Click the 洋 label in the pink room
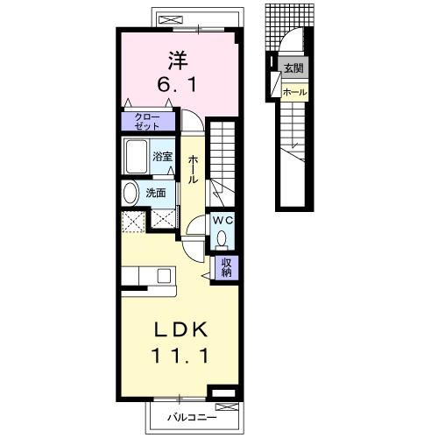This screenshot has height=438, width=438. [x=178, y=60]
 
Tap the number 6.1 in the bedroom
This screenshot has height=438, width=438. [x=178, y=85]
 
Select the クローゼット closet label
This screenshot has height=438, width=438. [x=147, y=122]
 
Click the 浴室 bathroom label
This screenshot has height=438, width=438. [x=162, y=157]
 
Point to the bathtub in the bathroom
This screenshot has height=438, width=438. [x=136, y=156]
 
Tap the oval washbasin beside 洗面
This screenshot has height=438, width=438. [x=131, y=193]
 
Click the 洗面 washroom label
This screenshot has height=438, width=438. [x=156, y=193]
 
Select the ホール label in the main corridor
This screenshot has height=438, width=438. [x=193, y=170]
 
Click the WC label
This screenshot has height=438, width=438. [x=223, y=221]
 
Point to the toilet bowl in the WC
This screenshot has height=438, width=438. [x=222, y=238]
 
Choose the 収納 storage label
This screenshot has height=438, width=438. [x=227, y=267]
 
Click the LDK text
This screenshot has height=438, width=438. [x=181, y=329]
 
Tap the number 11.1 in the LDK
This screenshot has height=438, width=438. [x=180, y=356]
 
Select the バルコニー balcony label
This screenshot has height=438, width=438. [x=192, y=417]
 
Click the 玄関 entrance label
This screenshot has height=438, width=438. [x=293, y=68]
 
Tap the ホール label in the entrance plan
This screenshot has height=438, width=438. [x=295, y=92]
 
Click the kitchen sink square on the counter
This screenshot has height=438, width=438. [x=164, y=275]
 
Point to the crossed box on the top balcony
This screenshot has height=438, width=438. [x=171, y=19]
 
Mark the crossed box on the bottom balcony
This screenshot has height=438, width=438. [x=227, y=406]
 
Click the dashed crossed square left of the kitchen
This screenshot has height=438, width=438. [x=133, y=222]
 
